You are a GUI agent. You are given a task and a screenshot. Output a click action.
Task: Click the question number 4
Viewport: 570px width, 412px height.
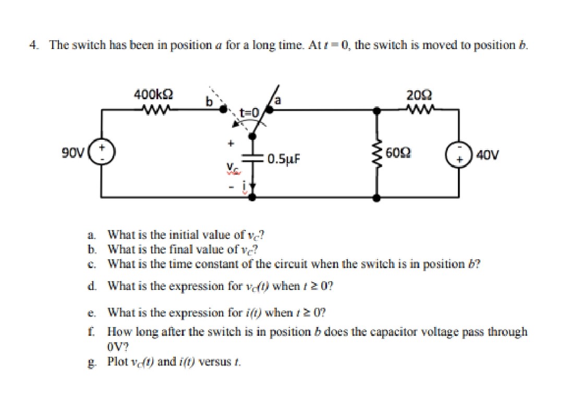click(x=33, y=45)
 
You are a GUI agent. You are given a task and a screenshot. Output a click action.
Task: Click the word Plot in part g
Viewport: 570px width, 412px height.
click(x=116, y=361)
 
